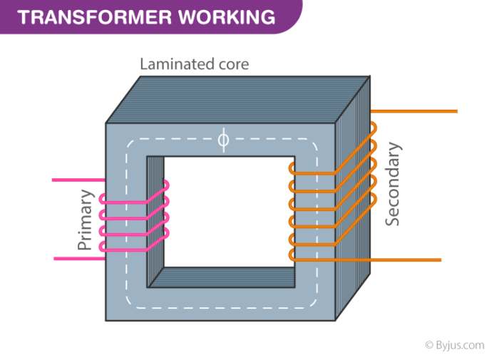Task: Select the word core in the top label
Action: pos(232,64)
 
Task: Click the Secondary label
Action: pos(393,185)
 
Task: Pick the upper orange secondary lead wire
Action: pos(421,112)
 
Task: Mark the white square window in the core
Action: pos(228,214)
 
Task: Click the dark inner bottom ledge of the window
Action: pos(228,277)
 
